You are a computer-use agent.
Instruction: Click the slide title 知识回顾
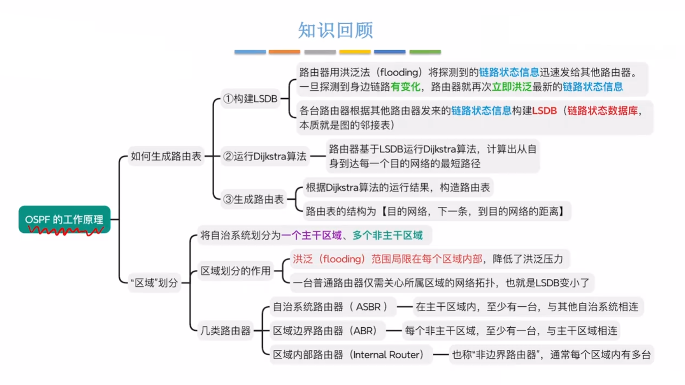tap(335, 30)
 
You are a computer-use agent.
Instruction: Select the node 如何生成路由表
tap(166, 156)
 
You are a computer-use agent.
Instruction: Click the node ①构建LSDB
tap(250, 99)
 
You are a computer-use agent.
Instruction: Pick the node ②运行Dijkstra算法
tap(265, 156)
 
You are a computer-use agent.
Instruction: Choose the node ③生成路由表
tap(253, 199)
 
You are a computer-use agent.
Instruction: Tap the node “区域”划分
tap(154, 283)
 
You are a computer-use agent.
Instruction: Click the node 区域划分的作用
tap(235, 271)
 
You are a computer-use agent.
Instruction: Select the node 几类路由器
tap(225, 330)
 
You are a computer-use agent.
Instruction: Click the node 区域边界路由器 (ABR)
tap(325, 330)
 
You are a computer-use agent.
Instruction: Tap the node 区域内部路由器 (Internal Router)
tap(348, 355)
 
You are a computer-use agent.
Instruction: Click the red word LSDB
tap(544, 111)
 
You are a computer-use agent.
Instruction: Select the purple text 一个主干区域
tap(311, 235)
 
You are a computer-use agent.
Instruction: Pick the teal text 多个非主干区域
tap(388, 235)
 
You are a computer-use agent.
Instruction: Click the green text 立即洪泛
tap(512, 87)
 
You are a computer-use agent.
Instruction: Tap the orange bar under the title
tap(284, 52)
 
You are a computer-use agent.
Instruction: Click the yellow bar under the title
tap(355, 52)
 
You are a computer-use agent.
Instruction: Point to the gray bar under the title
tap(320, 52)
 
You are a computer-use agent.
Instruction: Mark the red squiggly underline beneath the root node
tap(65, 231)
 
